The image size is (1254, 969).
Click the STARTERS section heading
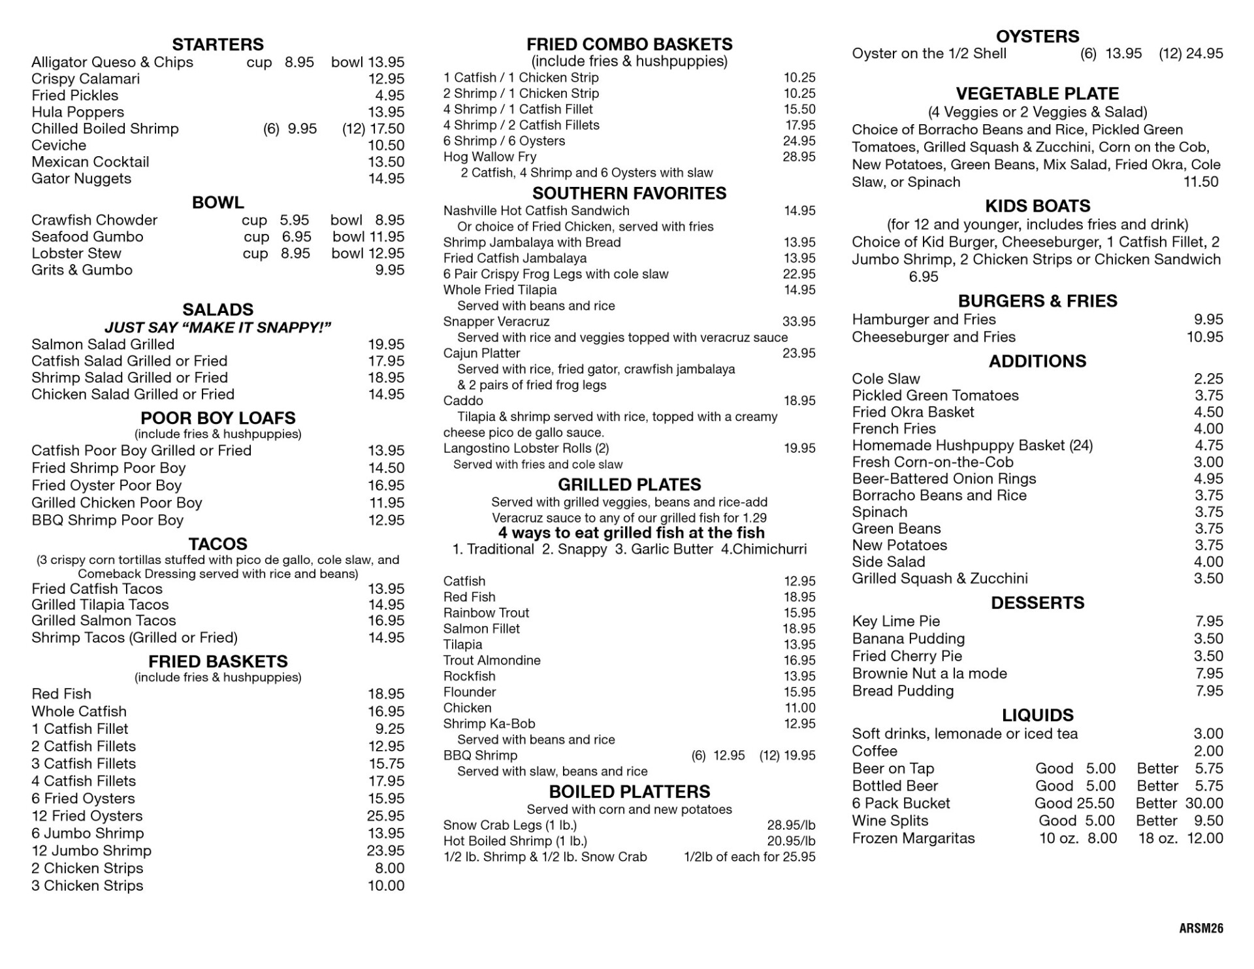click(x=217, y=44)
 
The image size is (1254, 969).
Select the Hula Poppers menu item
click(x=78, y=112)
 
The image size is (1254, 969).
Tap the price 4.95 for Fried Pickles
click(x=389, y=95)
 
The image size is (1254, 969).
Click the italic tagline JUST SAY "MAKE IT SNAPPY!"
click(x=217, y=327)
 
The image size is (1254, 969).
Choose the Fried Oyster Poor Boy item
click(x=106, y=485)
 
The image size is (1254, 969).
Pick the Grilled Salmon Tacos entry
click(x=104, y=621)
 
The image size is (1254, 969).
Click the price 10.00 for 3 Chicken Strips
click(x=386, y=886)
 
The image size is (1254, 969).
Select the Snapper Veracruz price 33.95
click(x=799, y=321)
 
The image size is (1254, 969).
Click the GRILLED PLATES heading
click(x=629, y=485)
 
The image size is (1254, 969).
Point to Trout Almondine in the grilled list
click(x=492, y=661)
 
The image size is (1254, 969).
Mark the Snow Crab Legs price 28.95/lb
click(x=791, y=825)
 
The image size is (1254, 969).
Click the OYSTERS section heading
click(x=1037, y=37)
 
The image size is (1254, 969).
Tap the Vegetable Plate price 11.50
click(x=1200, y=182)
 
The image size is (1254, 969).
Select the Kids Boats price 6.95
click(x=924, y=277)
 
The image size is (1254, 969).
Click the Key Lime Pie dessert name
click(x=895, y=621)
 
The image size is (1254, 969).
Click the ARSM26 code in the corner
click(x=1200, y=928)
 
